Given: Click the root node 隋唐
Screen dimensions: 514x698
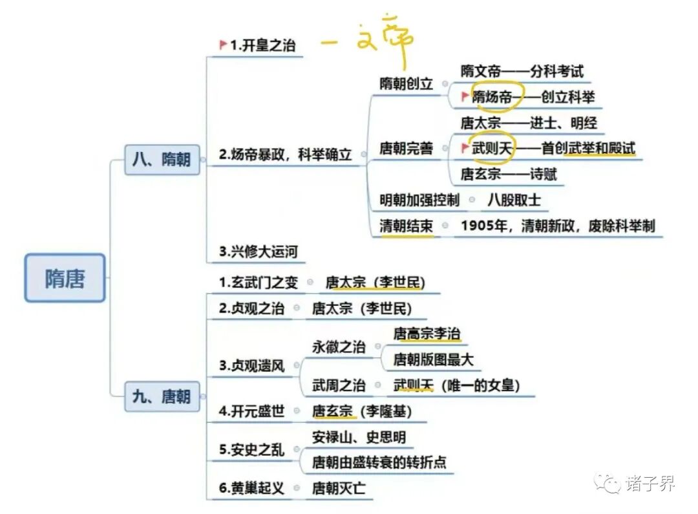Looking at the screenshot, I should [x=65, y=278].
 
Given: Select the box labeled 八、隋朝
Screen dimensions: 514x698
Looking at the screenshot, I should [x=162, y=159].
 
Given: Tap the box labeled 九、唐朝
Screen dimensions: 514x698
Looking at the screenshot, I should [x=162, y=396].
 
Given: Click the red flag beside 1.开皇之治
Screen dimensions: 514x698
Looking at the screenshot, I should [x=223, y=45].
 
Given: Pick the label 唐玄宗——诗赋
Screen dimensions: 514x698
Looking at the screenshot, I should [x=509, y=174].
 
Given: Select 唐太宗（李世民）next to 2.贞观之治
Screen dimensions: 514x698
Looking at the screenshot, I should [x=362, y=308].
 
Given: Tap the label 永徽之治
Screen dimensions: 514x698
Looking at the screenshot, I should [x=339, y=347].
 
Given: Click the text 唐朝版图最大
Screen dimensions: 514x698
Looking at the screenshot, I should [x=434, y=359].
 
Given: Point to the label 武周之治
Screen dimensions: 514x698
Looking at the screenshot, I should [x=339, y=386].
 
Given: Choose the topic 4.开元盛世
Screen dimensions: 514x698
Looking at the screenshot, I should [x=253, y=411].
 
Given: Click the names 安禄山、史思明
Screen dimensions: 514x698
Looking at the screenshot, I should [x=359, y=438].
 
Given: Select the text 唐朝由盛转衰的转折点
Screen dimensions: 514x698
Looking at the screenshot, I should [x=379, y=463].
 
